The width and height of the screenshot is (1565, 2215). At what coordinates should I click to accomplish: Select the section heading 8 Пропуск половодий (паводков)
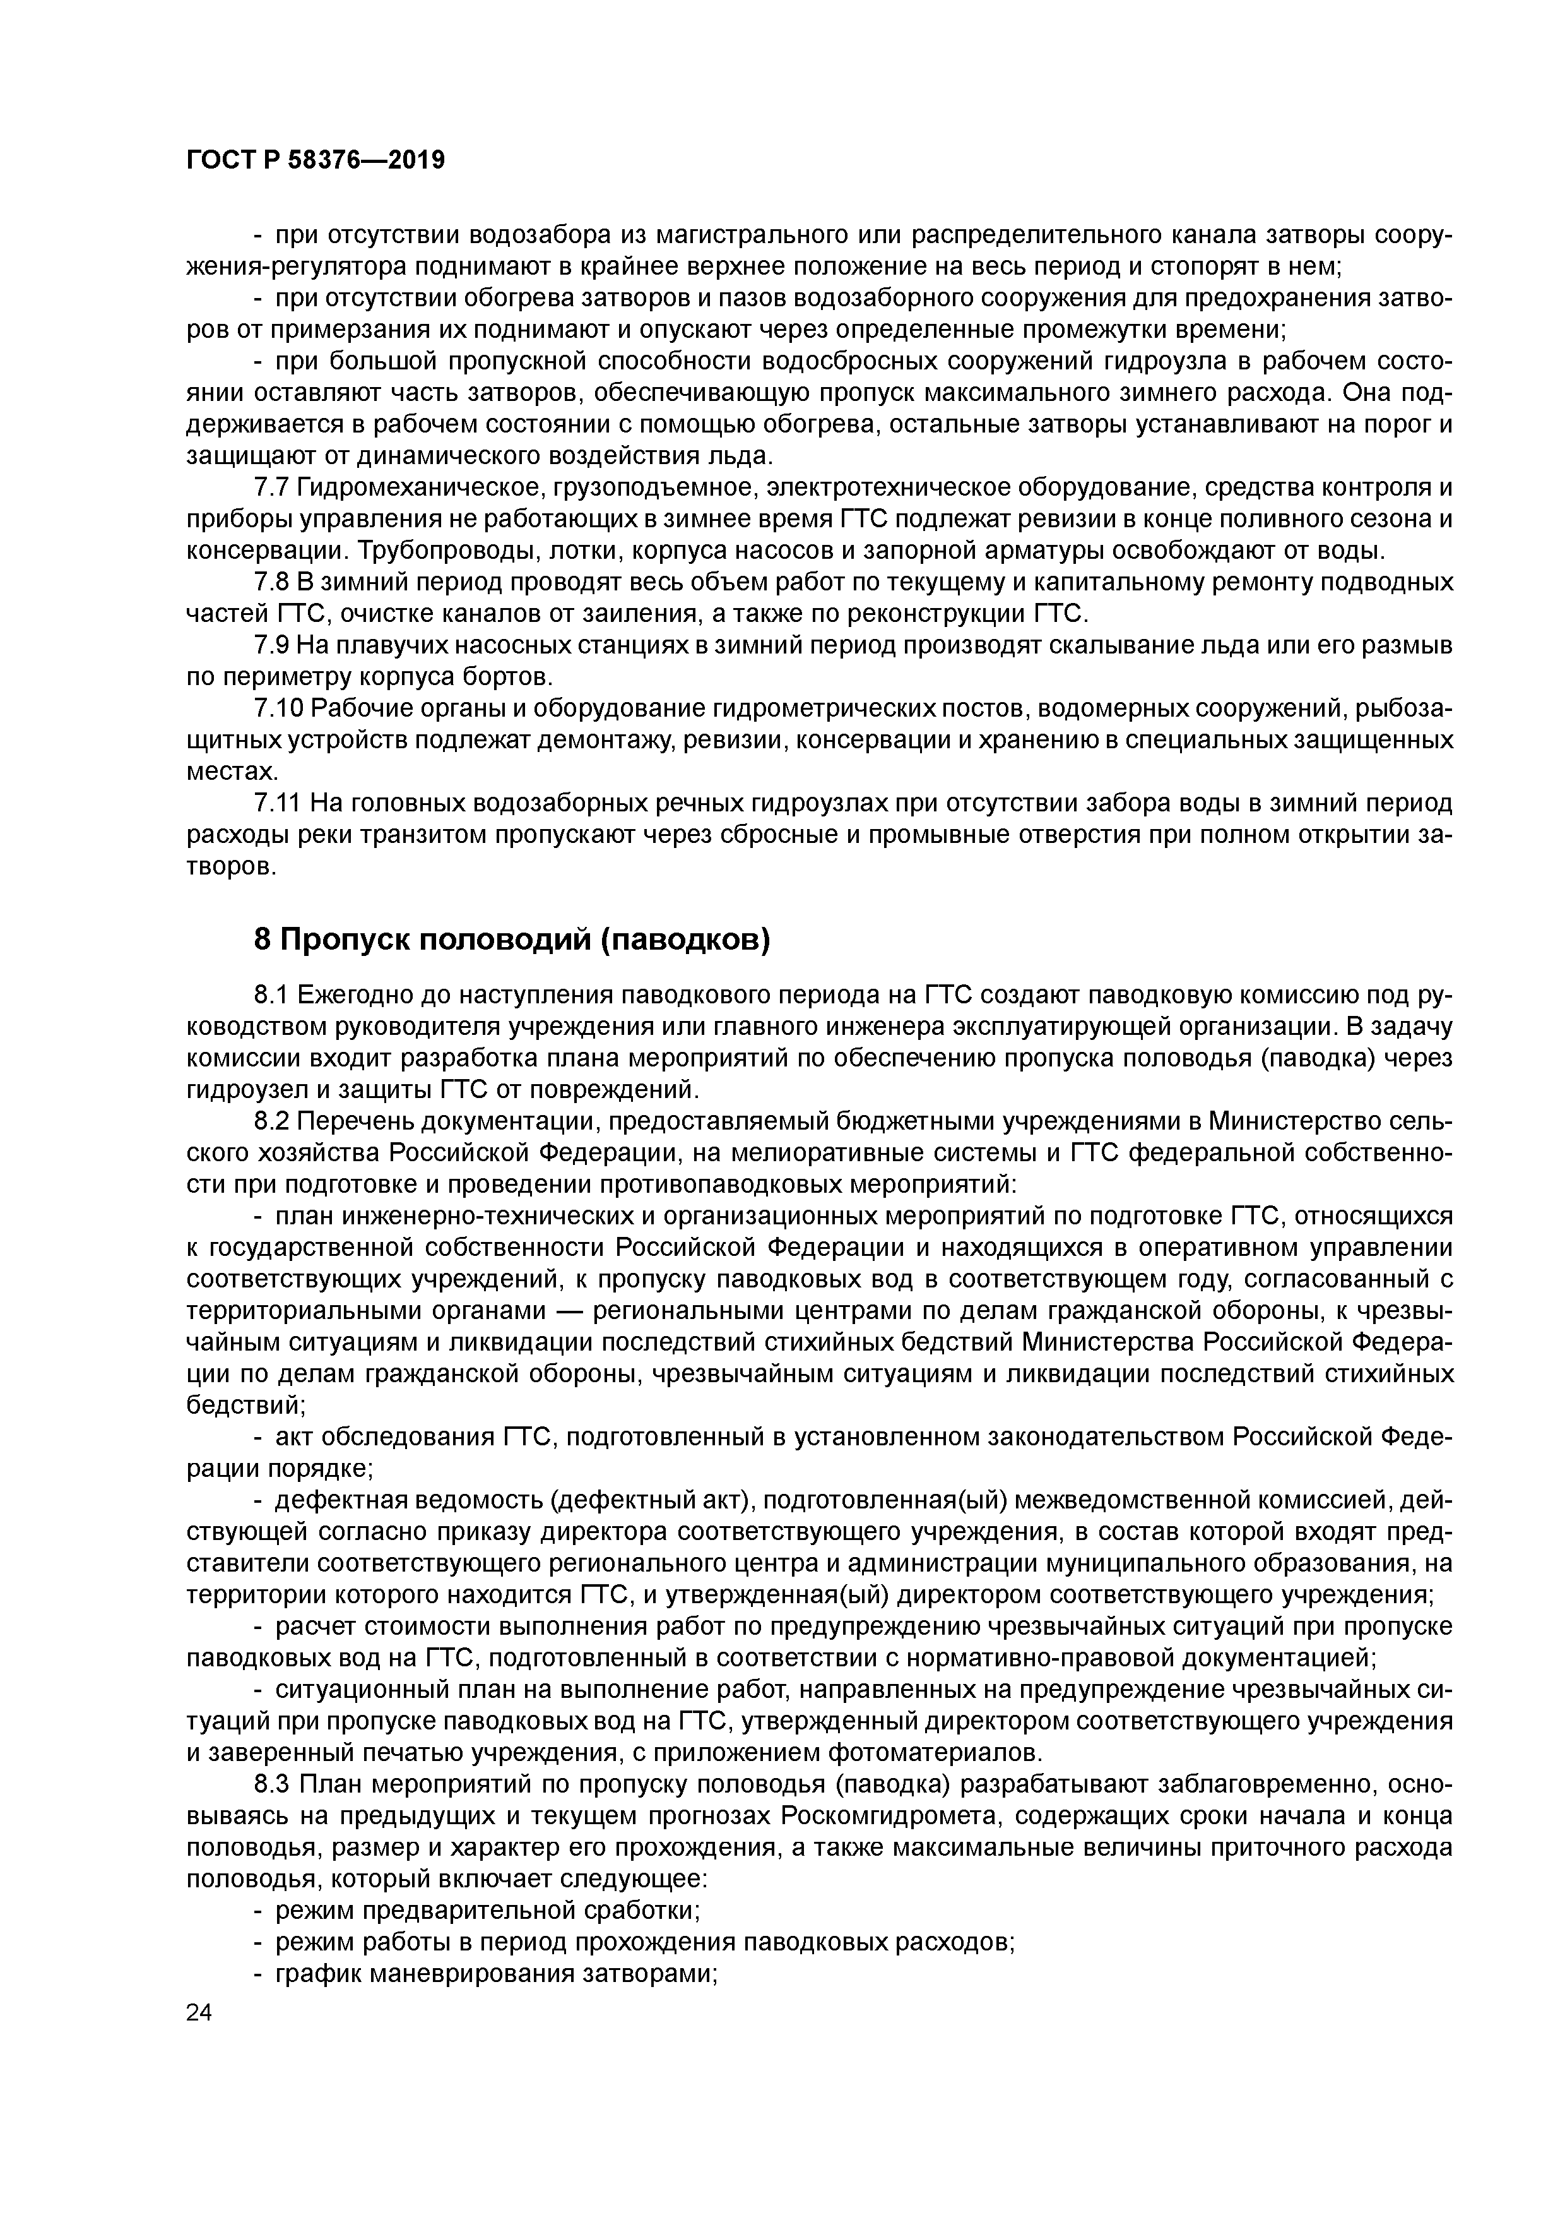[x=512, y=939]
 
